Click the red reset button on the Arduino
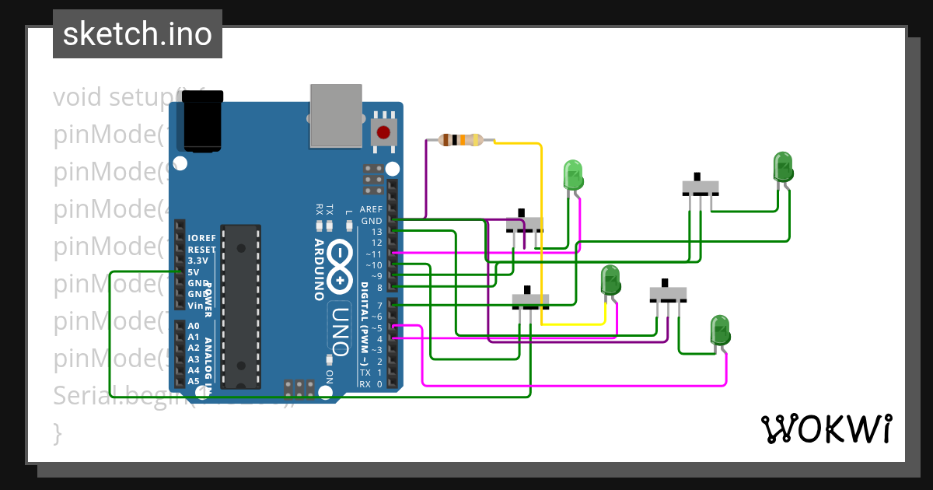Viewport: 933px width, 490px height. [x=383, y=131]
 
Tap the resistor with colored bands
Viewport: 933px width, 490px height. [x=461, y=141]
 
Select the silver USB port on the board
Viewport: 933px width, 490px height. [x=336, y=115]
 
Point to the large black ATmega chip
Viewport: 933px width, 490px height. [x=240, y=306]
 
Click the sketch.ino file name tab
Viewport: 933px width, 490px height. [x=138, y=34]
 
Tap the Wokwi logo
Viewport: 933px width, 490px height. [x=826, y=429]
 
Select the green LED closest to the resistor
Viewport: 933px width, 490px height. [x=573, y=174]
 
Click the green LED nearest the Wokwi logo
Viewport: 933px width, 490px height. [x=720, y=330]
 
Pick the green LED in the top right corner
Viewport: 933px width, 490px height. [x=783, y=167]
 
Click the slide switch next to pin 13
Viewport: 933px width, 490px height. [x=524, y=223]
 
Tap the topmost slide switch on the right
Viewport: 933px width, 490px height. [x=700, y=187]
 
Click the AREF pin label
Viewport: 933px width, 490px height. [x=372, y=210]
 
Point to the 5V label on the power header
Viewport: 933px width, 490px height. [x=193, y=272]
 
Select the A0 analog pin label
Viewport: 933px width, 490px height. [x=194, y=326]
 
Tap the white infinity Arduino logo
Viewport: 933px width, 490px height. [x=340, y=265]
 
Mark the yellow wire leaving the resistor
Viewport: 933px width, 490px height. [x=540, y=233]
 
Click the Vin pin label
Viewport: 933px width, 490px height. [x=195, y=306]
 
